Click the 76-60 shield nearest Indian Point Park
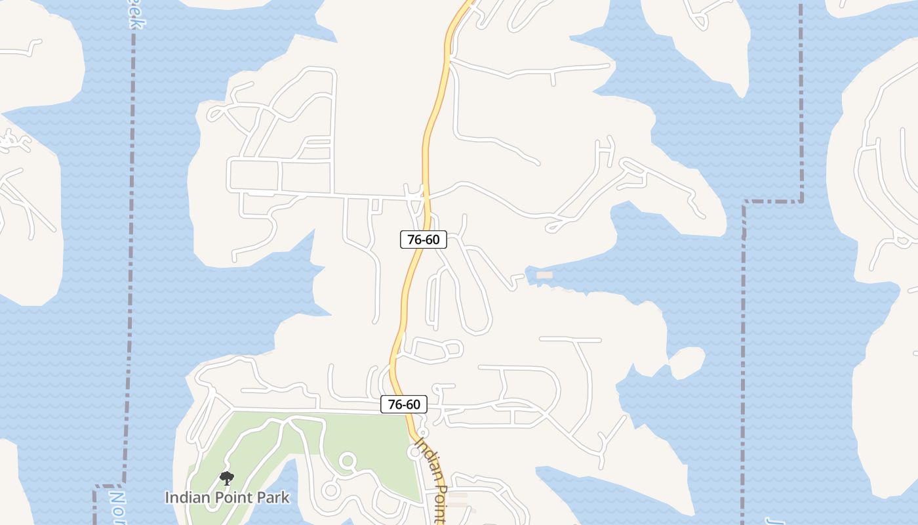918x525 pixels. pyautogui.click(x=404, y=404)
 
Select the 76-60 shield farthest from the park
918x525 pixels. pyautogui.click(x=424, y=240)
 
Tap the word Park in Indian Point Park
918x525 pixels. pyautogui.click(x=268, y=497)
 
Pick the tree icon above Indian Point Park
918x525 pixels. pyautogui.click(x=227, y=478)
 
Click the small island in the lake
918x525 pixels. pyautogui.click(x=686, y=362)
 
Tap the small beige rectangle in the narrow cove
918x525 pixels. pyautogui.click(x=544, y=275)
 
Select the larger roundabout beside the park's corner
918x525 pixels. pyautogui.click(x=415, y=452)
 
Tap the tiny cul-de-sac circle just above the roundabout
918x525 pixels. pyautogui.click(x=423, y=433)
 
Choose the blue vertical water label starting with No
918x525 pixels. pyautogui.click(x=117, y=505)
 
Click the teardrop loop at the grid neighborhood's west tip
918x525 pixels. pyautogui.click(x=218, y=113)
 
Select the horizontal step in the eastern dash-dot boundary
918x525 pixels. pyautogui.click(x=772, y=201)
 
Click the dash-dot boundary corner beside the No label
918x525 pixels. pyautogui.click(x=97, y=487)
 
